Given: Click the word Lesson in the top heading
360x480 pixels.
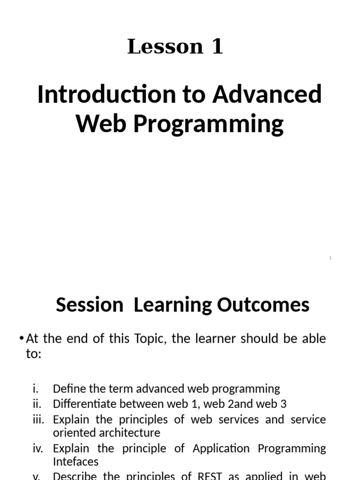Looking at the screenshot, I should pos(158,46).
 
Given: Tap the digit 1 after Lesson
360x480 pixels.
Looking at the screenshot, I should pos(217,46).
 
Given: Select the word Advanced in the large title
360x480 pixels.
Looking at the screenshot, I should pos(267,94).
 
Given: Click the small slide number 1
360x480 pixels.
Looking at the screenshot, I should pos(330,258).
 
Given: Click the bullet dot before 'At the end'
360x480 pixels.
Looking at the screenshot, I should pos(22,339).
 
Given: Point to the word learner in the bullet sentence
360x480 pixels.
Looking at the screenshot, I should pos(215,339).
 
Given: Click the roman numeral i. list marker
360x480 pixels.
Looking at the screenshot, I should pos(36,389).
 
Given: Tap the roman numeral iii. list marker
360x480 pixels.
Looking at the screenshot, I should pos(38,420).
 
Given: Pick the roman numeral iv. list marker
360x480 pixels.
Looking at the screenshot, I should pos(38,449).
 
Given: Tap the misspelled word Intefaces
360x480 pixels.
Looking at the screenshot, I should pos(75,462).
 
